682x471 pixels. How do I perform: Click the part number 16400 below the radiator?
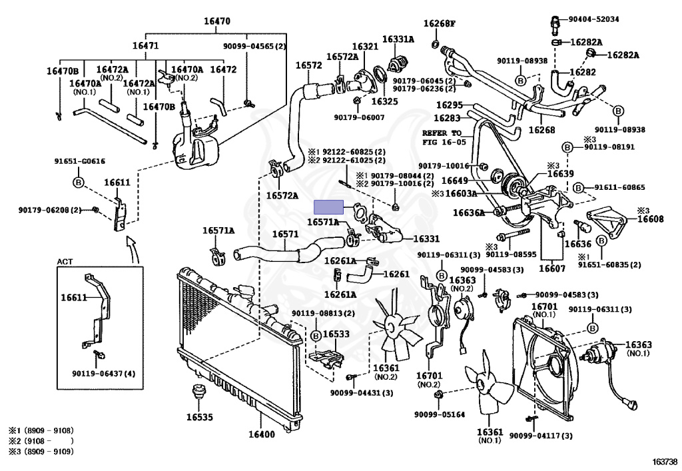(x=261, y=434)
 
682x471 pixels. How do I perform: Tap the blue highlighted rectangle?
(x=329, y=207)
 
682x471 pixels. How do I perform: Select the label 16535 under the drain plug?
(x=200, y=417)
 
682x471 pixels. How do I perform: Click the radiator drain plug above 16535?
(x=198, y=392)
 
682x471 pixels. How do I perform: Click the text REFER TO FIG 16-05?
(x=443, y=137)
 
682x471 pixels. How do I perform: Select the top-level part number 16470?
(x=217, y=21)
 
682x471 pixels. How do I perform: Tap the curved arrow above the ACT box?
(x=133, y=250)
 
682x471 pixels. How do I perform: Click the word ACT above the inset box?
(x=65, y=262)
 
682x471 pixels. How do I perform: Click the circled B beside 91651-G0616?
(x=79, y=183)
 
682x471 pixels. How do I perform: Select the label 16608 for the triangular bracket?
(x=651, y=219)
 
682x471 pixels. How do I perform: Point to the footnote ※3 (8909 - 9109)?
(x=41, y=452)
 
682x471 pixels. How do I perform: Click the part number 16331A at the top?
(x=398, y=39)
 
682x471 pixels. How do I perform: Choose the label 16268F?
(x=440, y=23)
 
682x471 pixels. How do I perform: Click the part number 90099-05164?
(x=440, y=414)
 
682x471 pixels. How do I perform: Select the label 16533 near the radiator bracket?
(x=336, y=334)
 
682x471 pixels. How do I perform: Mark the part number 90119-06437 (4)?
(x=103, y=373)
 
